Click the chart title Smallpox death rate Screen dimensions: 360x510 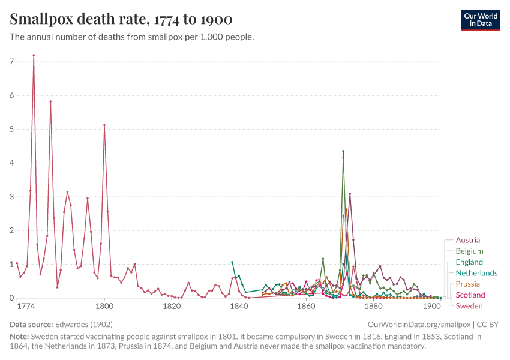[121, 19]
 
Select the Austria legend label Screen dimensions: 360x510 [467, 240]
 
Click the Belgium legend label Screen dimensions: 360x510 [469, 251]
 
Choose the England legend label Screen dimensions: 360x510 [469, 262]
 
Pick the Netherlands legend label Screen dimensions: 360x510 [476, 273]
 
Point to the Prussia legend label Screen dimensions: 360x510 [468, 284]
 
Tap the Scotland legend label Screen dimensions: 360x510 [470, 295]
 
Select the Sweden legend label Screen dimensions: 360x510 [469, 306]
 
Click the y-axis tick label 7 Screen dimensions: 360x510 [11, 62]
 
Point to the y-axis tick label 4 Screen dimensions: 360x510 [11, 163]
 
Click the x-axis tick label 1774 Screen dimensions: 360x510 [25, 306]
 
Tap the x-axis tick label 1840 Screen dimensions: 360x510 [239, 306]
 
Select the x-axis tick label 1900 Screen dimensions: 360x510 [431, 306]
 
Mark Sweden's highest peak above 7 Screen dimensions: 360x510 [34, 55]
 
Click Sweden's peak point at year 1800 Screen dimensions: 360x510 [104, 125]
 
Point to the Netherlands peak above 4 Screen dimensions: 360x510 [343, 151]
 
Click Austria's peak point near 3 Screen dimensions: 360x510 [350, 194]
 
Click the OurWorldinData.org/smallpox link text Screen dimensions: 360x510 [418, 324]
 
